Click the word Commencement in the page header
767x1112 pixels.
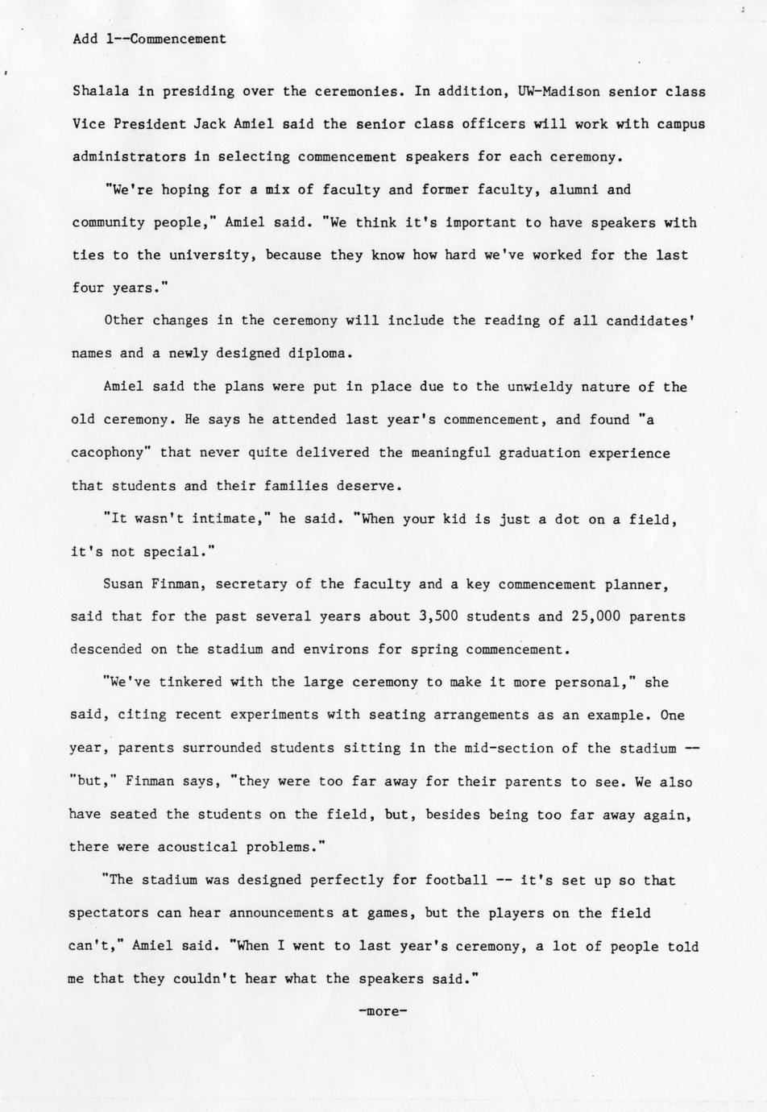click(x=177, y=39)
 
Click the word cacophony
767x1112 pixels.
click(x=110, y=453)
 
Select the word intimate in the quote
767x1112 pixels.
click(x=233, y=520)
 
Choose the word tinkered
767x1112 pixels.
click(x=190, y=683)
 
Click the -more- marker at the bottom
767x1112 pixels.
click(x=383, y=1010)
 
